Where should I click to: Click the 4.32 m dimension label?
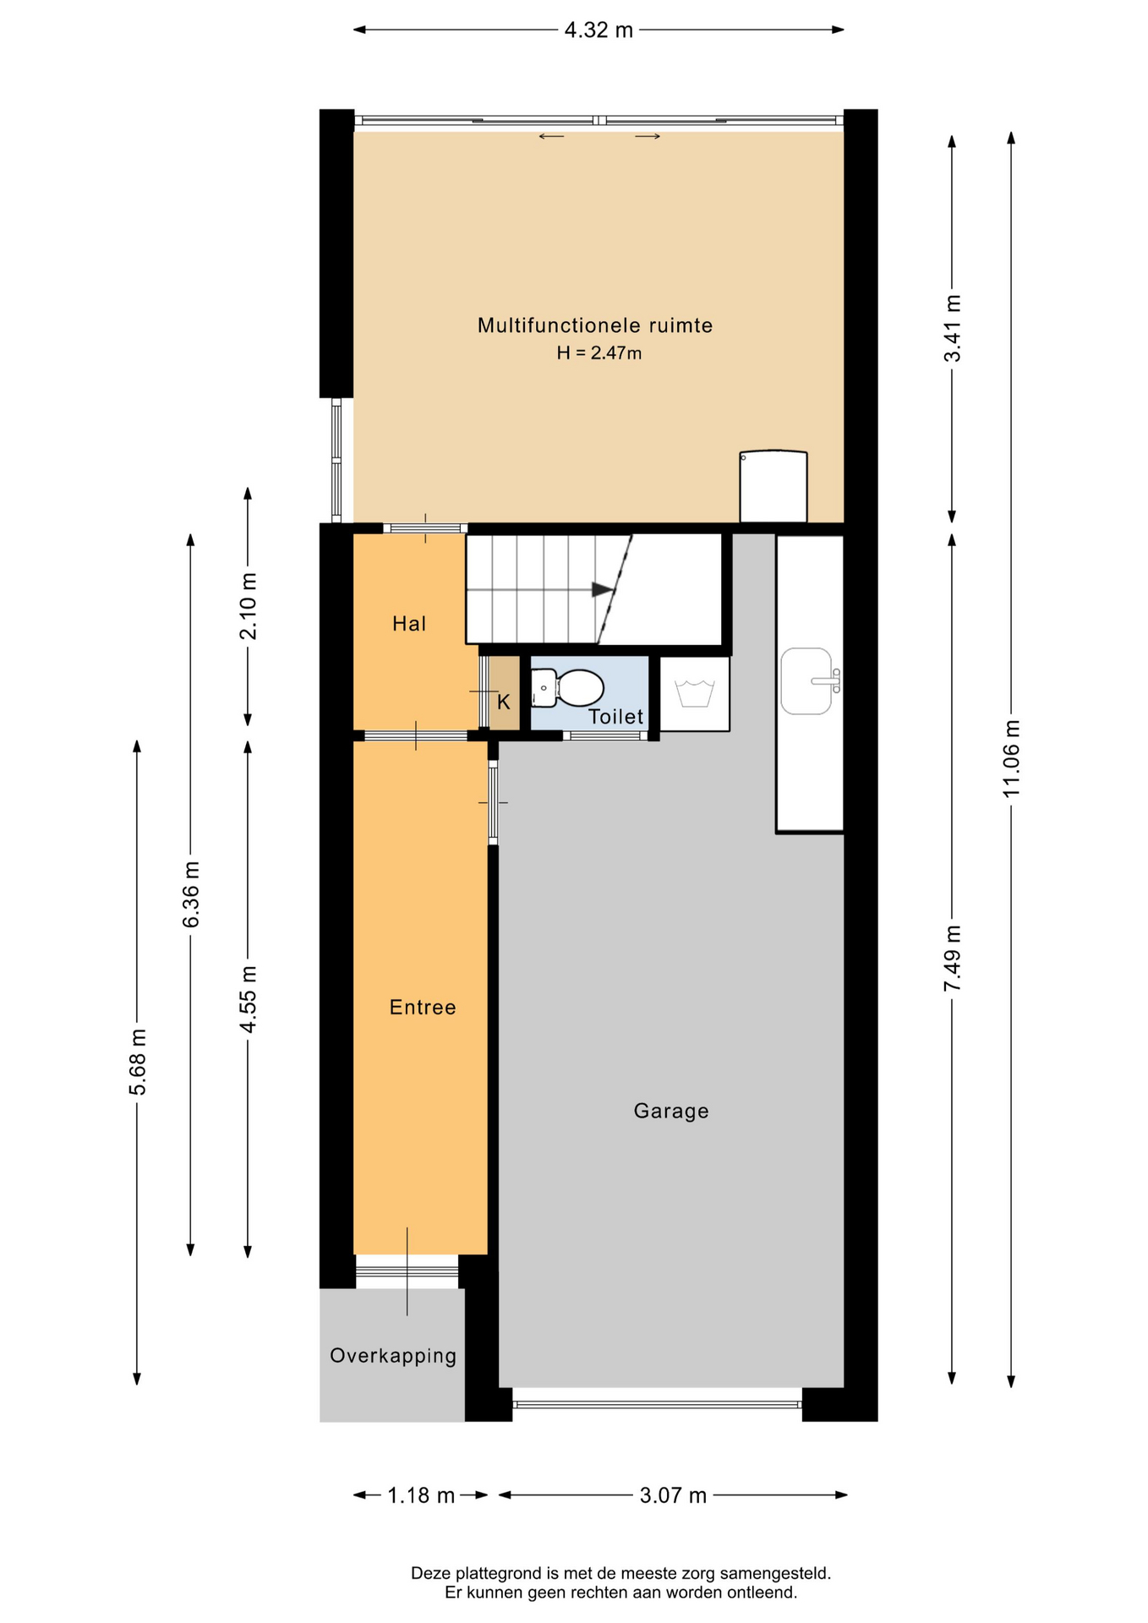(x=599, y=30)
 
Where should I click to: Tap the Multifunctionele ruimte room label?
(x=595, y=325)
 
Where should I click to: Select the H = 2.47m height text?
(x=599, y=353)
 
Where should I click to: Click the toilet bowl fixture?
(x=567, y=688)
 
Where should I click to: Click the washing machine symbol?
(x=695, y=693)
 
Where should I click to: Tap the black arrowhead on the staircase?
(x=603, y=589)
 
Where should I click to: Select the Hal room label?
(x=409, y=624)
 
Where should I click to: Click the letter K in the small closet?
(x=504, y=702)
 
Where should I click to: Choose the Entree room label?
(x=423, y=1007)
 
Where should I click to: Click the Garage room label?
(x=671, y=1111)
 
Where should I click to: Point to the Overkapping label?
(x=393, y=1356)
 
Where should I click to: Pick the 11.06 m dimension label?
(x=1011, y=758)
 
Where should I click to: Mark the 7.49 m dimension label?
(x=953, y=959)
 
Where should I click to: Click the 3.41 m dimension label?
(x=953, y=328)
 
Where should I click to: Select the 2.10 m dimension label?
(x=249, y=606)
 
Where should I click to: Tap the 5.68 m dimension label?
(x=138, y=1062)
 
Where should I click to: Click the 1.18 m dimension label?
(x=421, y=1495)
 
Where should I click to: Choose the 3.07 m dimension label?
(x=673, y=1495)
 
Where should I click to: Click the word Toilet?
(x=616, y=717)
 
